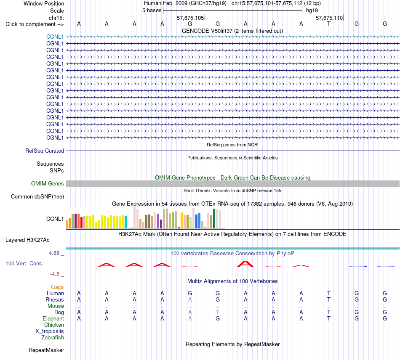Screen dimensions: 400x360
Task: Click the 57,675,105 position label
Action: click(190, 18)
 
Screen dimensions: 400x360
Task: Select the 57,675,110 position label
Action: click(329, 18)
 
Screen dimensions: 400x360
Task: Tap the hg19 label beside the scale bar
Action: click(312, 11)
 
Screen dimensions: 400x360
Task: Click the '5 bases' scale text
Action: click(152, 11)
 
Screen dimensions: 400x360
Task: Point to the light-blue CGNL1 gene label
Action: click(55, 37)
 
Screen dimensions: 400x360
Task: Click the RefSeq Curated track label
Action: click(45, 151)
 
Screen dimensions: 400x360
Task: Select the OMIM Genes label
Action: click(48, 183)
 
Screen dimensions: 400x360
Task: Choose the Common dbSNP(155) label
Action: click(37, 197)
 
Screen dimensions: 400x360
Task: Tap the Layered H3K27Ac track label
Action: click(27, 240)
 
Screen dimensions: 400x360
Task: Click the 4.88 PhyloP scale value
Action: click(54, 253)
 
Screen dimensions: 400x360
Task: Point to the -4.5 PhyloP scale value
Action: click(55, 274)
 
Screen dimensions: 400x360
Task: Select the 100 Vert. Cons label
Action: click(24, 263)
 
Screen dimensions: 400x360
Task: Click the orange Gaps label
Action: click(57, 287)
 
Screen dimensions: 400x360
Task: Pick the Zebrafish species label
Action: click(53, 338)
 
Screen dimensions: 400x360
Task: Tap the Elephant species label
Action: click(53, 318)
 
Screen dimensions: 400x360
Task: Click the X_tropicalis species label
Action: click(50, 331)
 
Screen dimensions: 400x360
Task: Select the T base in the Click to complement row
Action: click(329, 24)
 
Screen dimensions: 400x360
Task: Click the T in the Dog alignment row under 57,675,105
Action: click(218, 312)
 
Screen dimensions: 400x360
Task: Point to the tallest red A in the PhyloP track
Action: click(245, 264)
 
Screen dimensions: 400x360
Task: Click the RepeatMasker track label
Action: click(46, 350)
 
